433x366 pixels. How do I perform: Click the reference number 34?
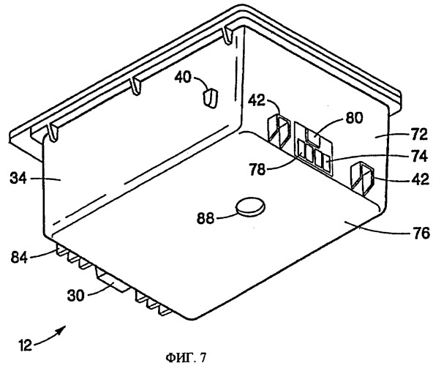18,179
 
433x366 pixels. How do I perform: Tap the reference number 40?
183,77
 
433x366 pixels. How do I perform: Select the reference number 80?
354,118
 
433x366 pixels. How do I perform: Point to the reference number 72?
418,135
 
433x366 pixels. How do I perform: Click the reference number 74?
420,156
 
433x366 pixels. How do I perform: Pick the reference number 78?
257,169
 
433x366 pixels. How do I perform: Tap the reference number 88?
206,218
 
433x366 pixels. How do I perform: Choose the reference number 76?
421,233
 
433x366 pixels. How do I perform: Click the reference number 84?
19,258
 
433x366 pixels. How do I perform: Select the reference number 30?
75,296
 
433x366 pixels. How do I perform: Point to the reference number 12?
25,346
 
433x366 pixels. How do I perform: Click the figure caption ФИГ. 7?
186,358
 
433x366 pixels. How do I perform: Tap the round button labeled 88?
250,206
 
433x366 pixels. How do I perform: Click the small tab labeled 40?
211,98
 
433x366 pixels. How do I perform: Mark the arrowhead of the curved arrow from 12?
62,329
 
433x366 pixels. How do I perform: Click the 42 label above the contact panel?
256,100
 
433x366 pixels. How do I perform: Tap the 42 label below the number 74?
421,179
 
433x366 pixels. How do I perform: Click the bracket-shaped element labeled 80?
314,138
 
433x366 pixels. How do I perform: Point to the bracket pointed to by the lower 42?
362,179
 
